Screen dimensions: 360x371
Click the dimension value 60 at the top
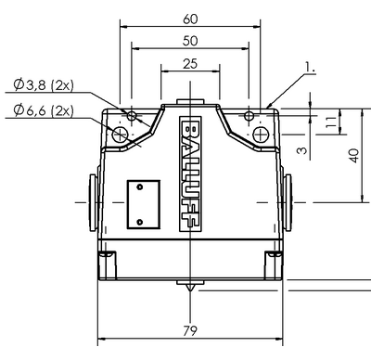click(x=190, y=19)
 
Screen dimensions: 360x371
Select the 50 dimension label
click(x=190, y=42)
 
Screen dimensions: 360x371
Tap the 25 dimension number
click(x=190, y=64)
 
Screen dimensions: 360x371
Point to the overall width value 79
click(x=189, y=329)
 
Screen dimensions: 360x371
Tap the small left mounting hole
click(x=133, y=117)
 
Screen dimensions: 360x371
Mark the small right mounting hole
click(x=249, y=117)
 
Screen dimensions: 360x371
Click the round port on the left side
click(x=91, y=201)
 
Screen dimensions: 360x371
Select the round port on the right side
click(x=290, y=201)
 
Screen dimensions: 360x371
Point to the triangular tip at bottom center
click(x=190, y=287)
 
